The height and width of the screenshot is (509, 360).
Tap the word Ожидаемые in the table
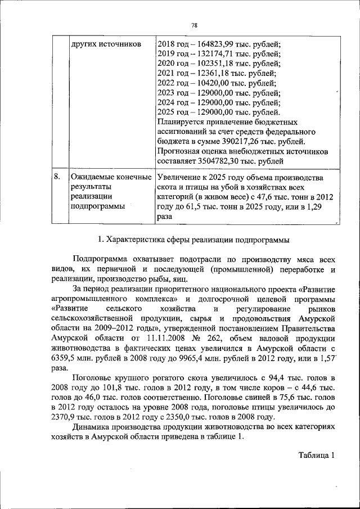click(x=93, y=177)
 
